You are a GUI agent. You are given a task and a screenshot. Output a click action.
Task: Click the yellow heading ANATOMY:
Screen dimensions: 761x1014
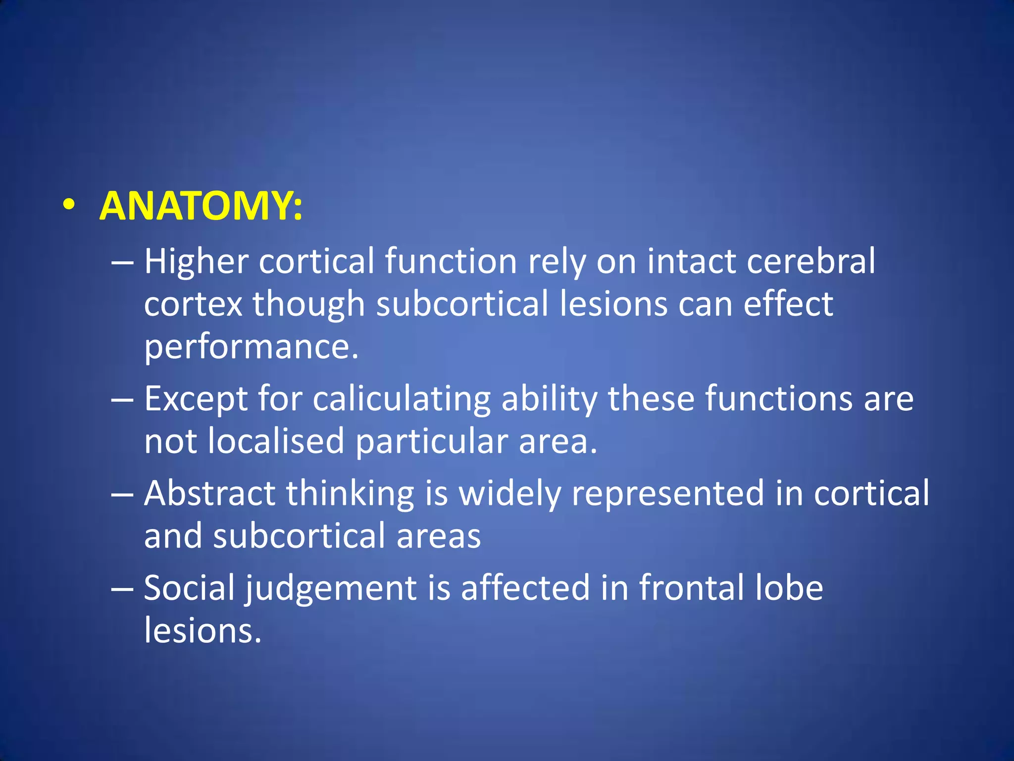coord(201,207)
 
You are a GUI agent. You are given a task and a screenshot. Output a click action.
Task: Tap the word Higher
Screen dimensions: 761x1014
coord(196,262)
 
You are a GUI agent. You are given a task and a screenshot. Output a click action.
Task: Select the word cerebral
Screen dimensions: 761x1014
coord(811,262)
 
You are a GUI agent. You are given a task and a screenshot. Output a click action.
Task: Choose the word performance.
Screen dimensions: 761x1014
coord(251,347)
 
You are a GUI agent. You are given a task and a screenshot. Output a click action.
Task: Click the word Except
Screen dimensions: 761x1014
coord(196,399)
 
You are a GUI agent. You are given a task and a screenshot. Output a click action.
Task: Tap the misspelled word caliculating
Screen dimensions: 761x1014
coord(402,399)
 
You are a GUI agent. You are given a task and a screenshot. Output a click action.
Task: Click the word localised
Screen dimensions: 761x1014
coord(276,441)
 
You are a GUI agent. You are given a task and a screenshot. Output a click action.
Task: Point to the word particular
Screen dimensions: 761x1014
coord(431,441)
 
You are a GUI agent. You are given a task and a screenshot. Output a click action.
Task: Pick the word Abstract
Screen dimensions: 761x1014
coord(209,494)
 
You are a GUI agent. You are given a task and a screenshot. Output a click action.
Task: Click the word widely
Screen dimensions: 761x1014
coord(510,494)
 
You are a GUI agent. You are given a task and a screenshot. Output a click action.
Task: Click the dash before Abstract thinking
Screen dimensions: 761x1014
coord(122,494)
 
